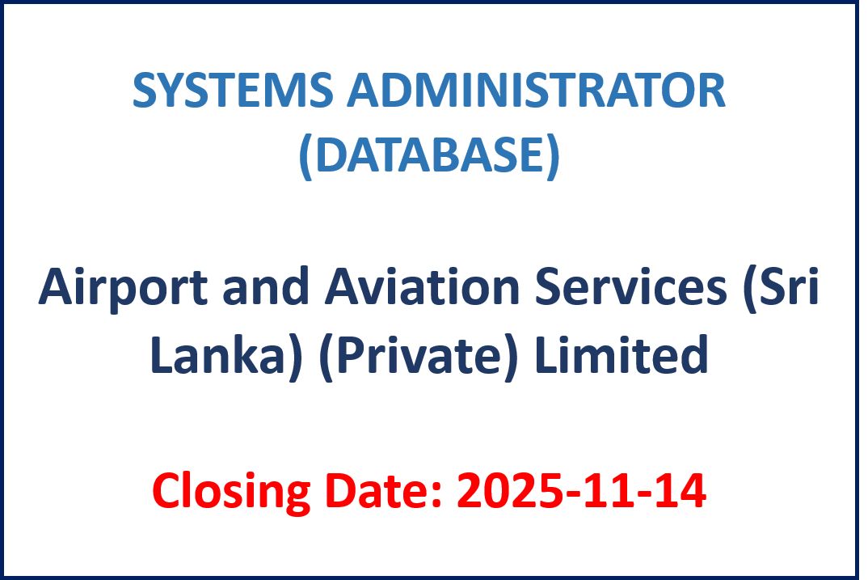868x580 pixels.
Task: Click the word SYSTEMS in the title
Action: click(233, 90)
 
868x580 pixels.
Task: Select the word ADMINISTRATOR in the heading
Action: click(536, 90)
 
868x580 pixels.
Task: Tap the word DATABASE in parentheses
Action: click(430, 154)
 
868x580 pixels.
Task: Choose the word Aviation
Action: click(422, 287)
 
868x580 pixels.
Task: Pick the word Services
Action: click(630, 287)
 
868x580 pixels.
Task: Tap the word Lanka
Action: click(217, 354)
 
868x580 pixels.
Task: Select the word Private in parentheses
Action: click(419, 354)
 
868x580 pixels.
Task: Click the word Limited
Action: click(622, 354)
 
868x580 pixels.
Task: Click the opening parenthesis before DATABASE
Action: click(305, 156)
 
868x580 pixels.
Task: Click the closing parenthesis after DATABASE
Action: click(553, 156)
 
